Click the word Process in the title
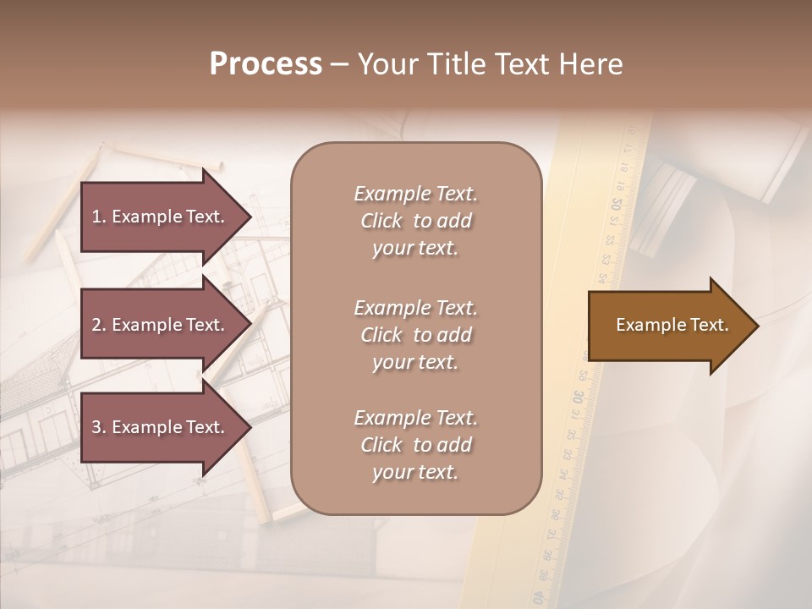(x=266, y=63)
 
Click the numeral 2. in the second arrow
(x=99, y=325)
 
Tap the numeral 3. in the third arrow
(x=99, y=427)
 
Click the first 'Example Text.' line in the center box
(x=415, y=194)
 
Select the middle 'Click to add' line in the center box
(x=415, y=335)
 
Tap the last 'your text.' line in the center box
(x=415, y=472)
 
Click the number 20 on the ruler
(x=617, y=204)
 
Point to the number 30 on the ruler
(x=577, y=397)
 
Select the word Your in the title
(x=387, y=63)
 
